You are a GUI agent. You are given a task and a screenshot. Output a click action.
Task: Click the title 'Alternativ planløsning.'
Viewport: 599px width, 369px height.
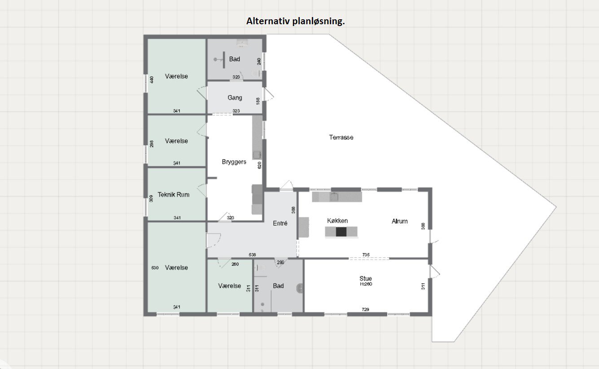[295, 21]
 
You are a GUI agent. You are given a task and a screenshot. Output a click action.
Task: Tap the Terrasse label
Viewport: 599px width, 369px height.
[341, 137]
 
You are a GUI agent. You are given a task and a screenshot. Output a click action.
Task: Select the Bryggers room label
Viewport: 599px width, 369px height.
[234, 162]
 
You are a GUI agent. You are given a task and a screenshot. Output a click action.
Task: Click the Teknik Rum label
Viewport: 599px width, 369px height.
[173, 195]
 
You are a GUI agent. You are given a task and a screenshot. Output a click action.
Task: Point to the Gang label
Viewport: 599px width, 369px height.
[235, 97]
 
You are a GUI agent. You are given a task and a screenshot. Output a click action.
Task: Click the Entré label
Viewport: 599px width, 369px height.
[280, 223]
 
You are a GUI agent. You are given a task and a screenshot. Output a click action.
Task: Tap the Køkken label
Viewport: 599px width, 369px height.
[337, 221]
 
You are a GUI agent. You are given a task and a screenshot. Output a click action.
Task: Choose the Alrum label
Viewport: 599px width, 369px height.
[399, 221]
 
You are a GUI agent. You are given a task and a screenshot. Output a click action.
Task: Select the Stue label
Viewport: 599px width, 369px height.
[365, 278]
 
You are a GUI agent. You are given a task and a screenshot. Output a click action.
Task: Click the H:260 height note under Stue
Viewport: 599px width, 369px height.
[366, 284]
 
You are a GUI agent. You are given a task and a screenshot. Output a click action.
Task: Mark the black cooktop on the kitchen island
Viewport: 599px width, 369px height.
[341, 232]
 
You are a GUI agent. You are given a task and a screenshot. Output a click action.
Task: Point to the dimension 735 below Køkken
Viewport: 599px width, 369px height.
[366, 255]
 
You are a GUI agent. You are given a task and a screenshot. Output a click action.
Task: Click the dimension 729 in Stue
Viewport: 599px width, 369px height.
[366, 310]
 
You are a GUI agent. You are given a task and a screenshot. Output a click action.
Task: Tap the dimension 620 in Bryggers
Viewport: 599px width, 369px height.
[259, 165]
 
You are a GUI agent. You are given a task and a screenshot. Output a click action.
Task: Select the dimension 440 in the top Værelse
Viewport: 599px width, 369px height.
[152, 80]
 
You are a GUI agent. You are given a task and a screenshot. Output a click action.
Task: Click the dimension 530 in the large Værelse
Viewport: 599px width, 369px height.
[155, 268]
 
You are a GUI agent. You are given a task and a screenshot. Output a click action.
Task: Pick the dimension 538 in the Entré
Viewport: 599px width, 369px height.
[252, 255]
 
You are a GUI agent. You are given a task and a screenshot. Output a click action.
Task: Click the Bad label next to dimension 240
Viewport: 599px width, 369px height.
[234, 59]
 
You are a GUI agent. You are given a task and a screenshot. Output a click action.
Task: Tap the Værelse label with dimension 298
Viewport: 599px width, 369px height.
[176, 141]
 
